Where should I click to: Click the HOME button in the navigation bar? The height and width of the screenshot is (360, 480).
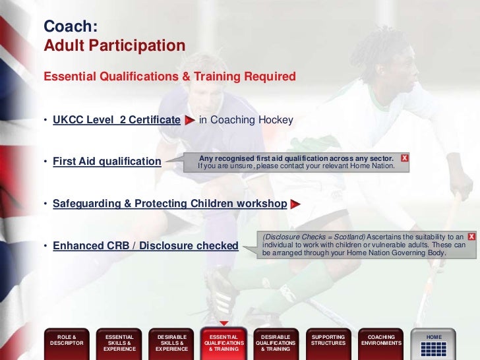coord(433,344)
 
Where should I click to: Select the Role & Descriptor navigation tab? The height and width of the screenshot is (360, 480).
coord(67,344)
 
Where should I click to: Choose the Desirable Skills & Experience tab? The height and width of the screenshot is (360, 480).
coord(171,344)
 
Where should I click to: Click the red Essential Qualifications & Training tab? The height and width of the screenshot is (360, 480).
coord(224,344)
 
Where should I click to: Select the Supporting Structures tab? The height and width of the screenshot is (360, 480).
coord(328,344)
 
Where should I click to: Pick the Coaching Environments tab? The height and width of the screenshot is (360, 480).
coord(380,344)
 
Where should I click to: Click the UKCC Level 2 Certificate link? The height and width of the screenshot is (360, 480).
coord(117,120)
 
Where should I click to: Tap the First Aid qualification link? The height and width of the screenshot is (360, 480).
coord(107,162)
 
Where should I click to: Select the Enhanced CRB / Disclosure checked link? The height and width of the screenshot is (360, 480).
coord(145,246)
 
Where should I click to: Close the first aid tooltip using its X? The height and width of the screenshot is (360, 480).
coord(405,158)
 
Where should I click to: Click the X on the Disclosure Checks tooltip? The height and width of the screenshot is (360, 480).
coord(471,236)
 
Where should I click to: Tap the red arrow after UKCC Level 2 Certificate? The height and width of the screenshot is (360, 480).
coord(189,121)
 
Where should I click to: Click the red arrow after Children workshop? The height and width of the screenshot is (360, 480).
coord(295,204)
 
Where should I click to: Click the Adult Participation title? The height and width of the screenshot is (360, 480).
coord(114,46)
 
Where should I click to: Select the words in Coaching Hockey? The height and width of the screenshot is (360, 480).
coord(246,120)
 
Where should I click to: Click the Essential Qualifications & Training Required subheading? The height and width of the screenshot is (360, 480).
coord(169,76)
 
